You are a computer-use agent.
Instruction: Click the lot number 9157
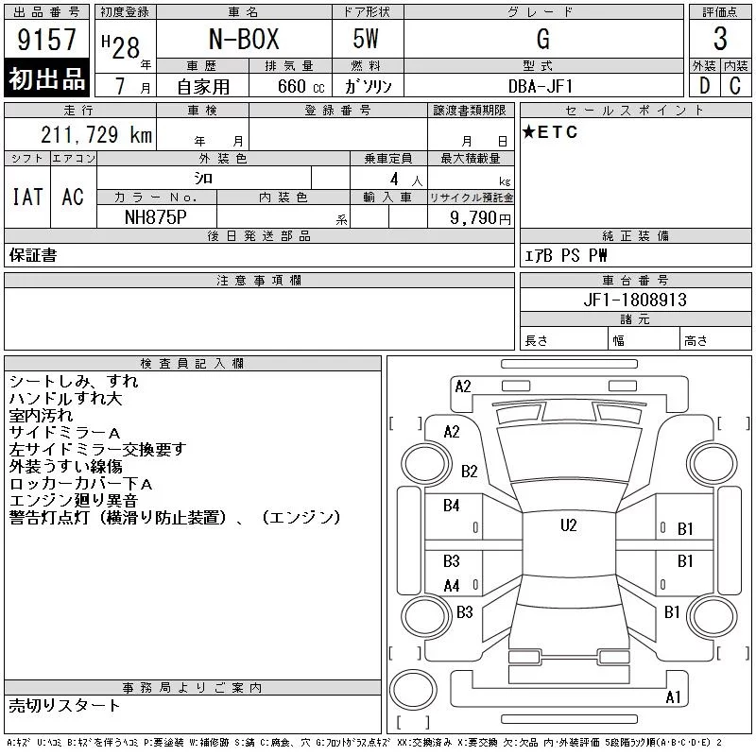pos(46,39)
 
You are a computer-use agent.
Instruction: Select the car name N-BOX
pos(244,39)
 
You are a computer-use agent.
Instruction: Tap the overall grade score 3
pos(720,39)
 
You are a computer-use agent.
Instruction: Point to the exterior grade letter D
pos(704,86)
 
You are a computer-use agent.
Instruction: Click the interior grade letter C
pos(735,86)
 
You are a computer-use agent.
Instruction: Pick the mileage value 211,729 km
pos(96,134)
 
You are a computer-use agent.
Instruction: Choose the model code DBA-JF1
pos(541,86)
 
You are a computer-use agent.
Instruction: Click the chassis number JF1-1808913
pos(635,300)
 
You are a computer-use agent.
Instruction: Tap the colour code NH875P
pos(156,217)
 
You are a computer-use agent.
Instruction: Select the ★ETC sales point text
pos(550,132)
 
